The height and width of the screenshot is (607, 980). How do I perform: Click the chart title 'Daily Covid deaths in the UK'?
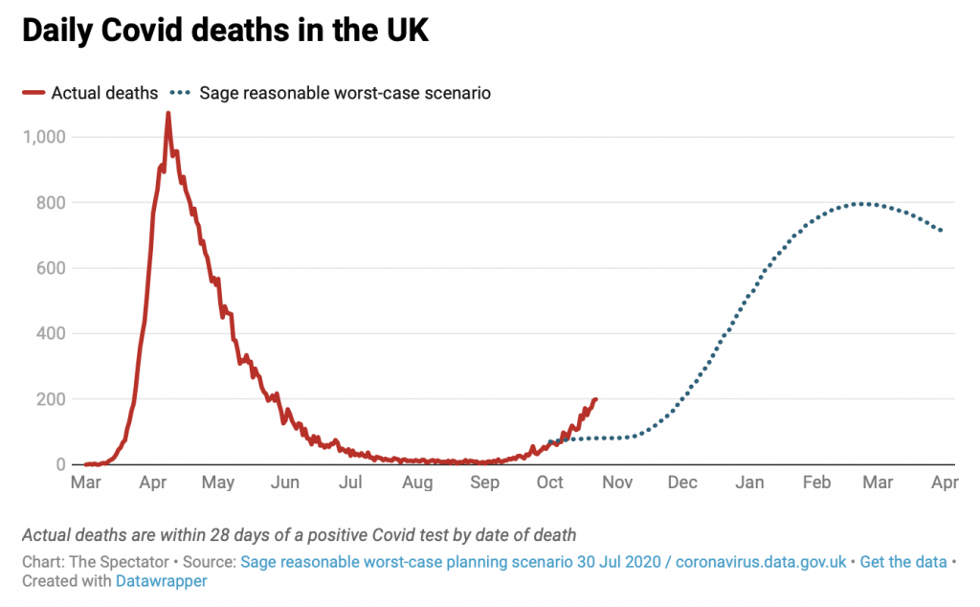pyautogui.click(x=225, y=31)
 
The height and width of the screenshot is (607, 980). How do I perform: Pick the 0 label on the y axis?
pyautogui.click(x=59, y=464)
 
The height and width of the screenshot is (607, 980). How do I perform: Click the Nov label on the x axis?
pyautogui.click(x=617, y=483)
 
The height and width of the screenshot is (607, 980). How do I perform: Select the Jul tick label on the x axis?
pyautogui.click(x=351, y=483)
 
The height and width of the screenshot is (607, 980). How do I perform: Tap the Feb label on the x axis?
pyautogui.click(x=816, y=483)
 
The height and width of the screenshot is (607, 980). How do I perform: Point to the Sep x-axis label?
pyautogui.click(x=484, y=483)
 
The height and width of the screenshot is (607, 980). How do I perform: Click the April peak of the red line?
pyautogui.click(x=168, y=114)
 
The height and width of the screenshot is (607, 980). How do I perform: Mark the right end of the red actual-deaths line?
pyautogui.click(x=595, y=399)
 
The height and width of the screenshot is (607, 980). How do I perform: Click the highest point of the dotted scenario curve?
pyautogui.click(x=863, y=203)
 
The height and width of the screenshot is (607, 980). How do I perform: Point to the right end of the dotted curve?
pyautogui.click(x=942, y=231)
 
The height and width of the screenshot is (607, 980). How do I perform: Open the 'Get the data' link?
pyautogui.click(x=902, y=562)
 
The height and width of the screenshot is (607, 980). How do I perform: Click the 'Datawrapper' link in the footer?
pyautogui.click(x=161, y=580)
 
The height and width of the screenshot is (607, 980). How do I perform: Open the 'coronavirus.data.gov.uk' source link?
pyautogui.click(x=761, y=562)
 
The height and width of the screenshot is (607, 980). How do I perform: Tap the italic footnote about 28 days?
pyautogui.click(x=299, y=534)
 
